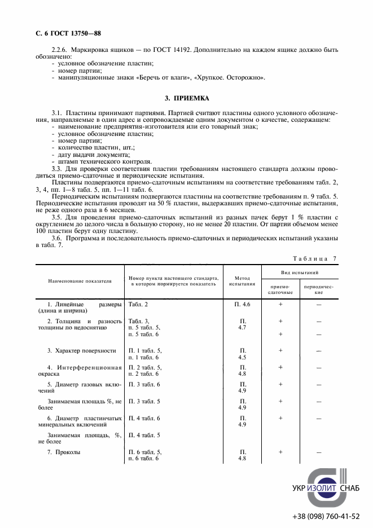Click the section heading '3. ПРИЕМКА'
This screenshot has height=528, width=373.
click(186, 98)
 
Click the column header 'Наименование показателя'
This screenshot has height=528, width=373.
click(80, 280)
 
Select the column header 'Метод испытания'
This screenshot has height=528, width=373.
click(242, 280)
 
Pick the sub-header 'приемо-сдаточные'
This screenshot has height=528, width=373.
click(280, 289)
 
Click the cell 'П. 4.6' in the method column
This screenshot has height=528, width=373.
click(242, 304)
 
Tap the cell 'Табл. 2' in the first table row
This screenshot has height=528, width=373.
click(138, 304)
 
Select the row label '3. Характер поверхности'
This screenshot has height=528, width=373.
click(81, 350)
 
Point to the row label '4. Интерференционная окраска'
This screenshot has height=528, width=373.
click(80, 371)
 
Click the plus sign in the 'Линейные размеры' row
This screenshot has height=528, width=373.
click(280, 304)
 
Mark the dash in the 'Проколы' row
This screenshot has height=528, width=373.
click(319, 452)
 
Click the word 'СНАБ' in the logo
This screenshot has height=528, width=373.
click(349, 489)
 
